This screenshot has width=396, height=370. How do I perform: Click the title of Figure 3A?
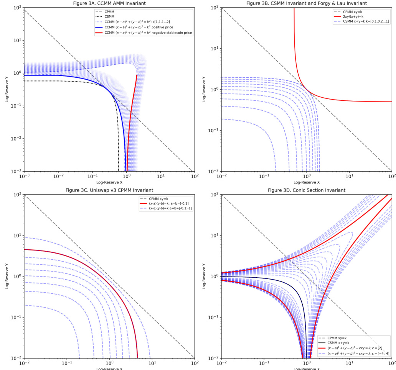tap(109, 3)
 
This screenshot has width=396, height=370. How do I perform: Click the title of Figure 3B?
tap(307, 3)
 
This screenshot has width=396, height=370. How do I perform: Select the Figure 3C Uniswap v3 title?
tap(109, 190)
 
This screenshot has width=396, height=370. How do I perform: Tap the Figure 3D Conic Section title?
tap(307, 190)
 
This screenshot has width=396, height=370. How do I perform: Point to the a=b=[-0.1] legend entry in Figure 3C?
tap(168, 203)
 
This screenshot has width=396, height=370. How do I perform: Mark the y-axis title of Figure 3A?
tap(7, 89)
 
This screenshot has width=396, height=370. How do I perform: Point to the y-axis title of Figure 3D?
tap(205, 276)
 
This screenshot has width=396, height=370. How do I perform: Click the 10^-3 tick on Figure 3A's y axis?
tap(16, 171)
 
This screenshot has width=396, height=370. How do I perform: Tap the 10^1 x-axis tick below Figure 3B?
tap(349, 177)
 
